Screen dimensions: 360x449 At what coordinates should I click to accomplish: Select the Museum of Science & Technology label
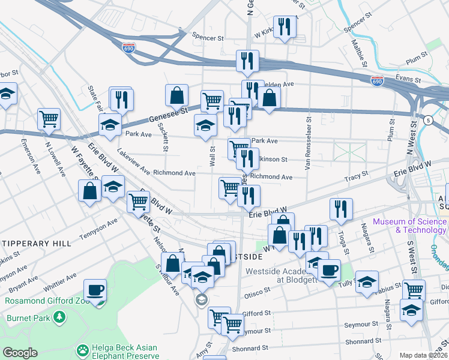(409, 226)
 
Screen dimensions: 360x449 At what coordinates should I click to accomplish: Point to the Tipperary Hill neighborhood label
(35, 244)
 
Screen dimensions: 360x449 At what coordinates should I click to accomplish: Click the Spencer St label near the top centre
(208, 37)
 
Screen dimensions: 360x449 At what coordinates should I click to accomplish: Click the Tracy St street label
(356, 178)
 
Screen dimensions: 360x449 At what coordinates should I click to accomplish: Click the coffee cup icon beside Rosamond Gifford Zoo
(95, 291)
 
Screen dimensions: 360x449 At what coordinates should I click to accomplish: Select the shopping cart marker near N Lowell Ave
(49, 118)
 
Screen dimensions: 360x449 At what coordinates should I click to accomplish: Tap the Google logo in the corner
(19, 353)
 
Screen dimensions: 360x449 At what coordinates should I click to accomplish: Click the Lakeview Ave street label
(134, 162)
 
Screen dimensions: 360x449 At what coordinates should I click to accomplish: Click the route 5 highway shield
(427, 120)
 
